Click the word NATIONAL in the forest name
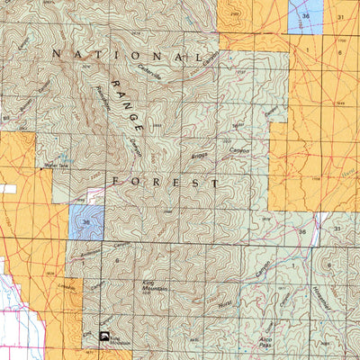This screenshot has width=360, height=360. coord(127,56)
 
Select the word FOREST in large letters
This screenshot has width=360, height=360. coord(166,181)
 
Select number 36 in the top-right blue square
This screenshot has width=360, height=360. coord(307,17)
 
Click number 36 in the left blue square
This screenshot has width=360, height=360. coord(85,221)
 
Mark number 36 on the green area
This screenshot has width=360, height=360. coord(303,231)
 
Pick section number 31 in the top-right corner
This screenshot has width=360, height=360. coord(340,17)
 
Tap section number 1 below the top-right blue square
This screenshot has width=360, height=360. coord(307,51)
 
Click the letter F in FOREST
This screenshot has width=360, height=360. coord(116,181)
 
